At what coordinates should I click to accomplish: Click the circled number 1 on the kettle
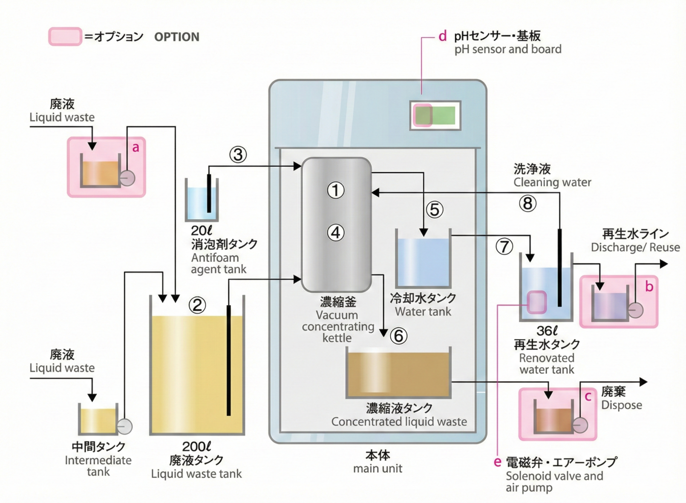(336, 191)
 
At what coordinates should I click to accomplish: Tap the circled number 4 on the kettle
(336, 233)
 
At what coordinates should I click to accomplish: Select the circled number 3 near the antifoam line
(238, 154)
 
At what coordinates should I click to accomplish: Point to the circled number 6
(399, 336)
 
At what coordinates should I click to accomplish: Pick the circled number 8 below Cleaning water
(527, 204)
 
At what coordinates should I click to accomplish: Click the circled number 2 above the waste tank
(197, 305)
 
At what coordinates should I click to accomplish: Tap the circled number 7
(504, 246)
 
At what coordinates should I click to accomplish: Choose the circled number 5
(434, 210)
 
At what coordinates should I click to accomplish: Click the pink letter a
(136, 148)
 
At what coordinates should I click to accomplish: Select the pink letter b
(649, 286)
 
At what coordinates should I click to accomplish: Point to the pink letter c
(588, 396)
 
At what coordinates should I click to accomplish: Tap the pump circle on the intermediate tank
(124, 426)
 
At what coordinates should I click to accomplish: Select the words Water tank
(423, 312)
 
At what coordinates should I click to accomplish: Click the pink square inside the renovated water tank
(537, 302)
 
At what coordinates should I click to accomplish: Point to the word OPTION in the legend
(177, 37)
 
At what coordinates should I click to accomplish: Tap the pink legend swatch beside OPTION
(65, 37)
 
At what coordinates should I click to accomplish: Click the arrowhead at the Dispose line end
(644, 382)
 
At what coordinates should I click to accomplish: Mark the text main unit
(378, 469)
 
